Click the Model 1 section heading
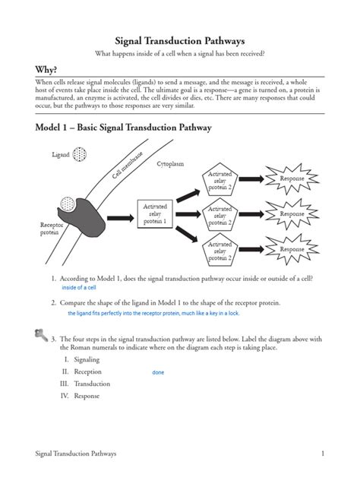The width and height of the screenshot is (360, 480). (123, 128)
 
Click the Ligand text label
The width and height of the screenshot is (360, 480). (61, 155)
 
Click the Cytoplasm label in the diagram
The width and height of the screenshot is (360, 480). (170, 164)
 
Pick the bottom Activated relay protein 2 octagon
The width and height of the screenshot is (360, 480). (219, 253)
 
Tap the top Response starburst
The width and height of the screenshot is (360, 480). (292, 178)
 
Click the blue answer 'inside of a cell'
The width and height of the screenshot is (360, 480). (78, 288)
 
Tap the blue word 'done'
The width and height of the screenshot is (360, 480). (158, 372)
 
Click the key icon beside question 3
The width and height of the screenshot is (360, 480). (40, 333)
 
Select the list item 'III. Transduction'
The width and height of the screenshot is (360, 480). (86, 384)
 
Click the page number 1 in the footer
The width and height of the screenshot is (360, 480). (322, 453)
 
